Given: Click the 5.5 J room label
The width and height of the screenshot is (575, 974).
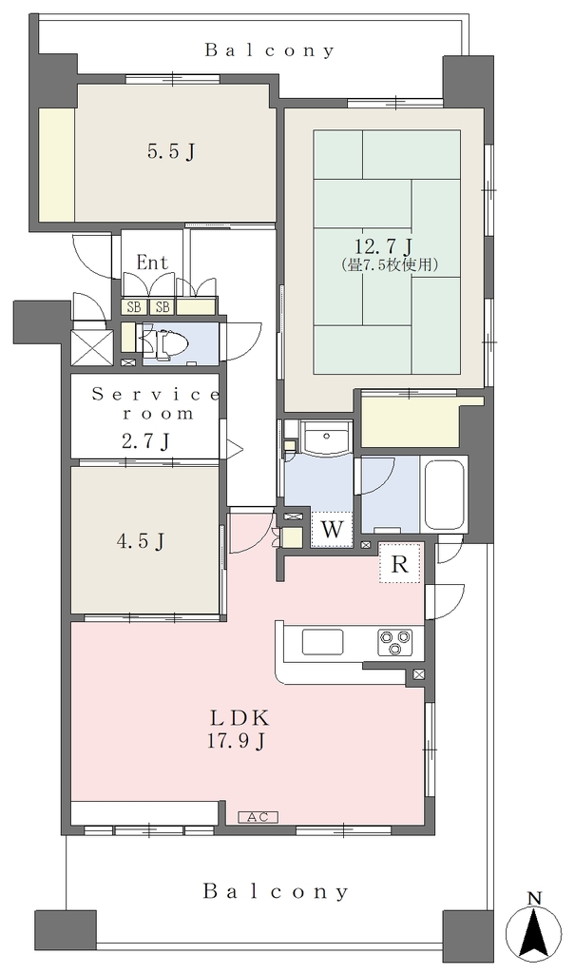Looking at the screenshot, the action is (171, 151).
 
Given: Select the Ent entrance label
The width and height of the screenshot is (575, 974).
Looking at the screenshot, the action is (152, 263).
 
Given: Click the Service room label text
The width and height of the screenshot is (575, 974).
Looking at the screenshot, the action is (156, 403).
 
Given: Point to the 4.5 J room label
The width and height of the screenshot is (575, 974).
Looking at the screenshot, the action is (141, 541).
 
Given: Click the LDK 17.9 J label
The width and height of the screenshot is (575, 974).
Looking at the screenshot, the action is (240, 730).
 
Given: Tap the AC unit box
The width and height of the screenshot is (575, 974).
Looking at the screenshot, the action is (258, 817).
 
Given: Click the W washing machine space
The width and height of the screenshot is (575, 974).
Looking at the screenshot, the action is (332, 530).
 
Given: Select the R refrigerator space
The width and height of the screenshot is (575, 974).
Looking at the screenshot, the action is (400, 565).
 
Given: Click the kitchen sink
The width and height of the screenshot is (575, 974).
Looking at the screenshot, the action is (322, 642).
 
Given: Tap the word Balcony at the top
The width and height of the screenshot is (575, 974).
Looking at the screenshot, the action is (270, 50).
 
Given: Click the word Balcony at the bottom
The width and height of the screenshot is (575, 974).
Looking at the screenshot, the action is (276, 892).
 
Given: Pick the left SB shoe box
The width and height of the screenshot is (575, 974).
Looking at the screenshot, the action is (133, 306).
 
